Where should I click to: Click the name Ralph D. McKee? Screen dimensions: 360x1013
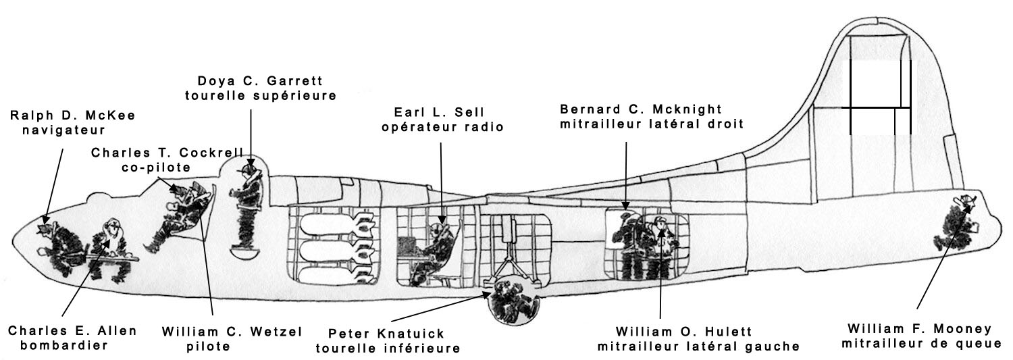pyautogui.click(x=72, y=115)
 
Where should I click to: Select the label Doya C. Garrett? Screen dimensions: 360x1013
pyautogui.click(x=260, y=81)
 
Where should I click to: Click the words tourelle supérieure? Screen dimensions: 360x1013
pyautogui.click(x=260, y=95)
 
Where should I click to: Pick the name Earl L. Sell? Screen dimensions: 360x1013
pyautogui.click(x=442, y=111)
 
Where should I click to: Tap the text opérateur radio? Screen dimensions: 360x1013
pyautogui.click(x=442, y=126)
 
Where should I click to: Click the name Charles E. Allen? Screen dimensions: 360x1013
pyautogui.click(x=72, y=331)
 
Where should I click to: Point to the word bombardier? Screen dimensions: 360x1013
pyautogui.click(x=58, y=346)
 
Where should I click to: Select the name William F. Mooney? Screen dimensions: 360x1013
pyautogui.click(x=920, y=329)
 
